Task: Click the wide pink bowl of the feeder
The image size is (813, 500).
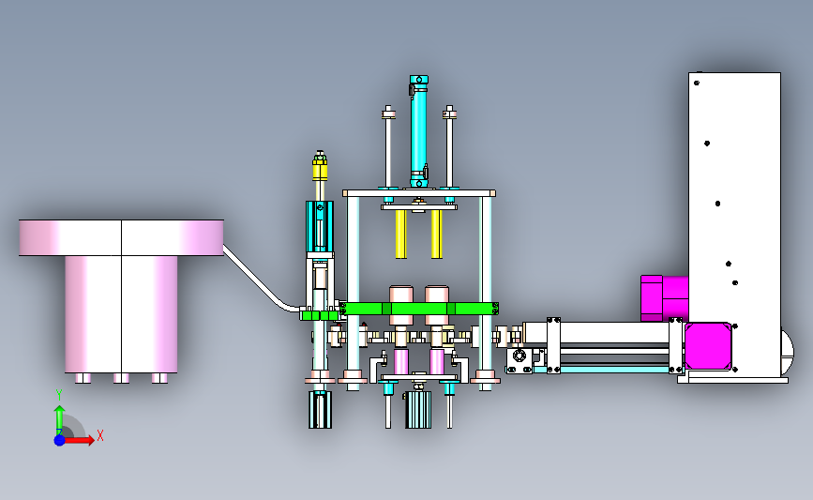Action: [121, 237]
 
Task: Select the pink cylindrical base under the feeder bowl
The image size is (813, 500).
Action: [121, 314]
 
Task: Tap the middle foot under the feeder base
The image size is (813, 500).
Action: [121, 378]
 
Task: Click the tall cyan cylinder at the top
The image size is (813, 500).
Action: [419, 131]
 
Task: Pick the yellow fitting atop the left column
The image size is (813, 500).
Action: [320, 166]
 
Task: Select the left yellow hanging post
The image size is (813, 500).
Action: [400, 234]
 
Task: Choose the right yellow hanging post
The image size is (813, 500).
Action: [437, 234]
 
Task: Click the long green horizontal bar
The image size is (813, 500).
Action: [419, 309]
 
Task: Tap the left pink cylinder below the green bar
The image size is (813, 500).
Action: [401, 362]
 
